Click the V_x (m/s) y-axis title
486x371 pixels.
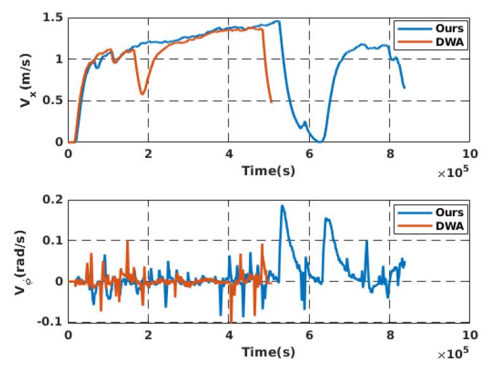tap(25, 80)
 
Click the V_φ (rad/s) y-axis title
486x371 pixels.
tap(25, 262)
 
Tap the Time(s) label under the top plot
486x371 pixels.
tap(269, 170)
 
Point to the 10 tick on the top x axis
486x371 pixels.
tap(470, 155)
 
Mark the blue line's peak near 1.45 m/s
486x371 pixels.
tap(277, 21)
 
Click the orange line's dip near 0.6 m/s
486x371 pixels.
tap(143, 94)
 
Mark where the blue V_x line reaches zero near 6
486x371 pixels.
tap(321, 141)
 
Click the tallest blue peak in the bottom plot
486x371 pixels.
tap(282, 205)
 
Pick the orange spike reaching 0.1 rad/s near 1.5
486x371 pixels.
tap(127, 241)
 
